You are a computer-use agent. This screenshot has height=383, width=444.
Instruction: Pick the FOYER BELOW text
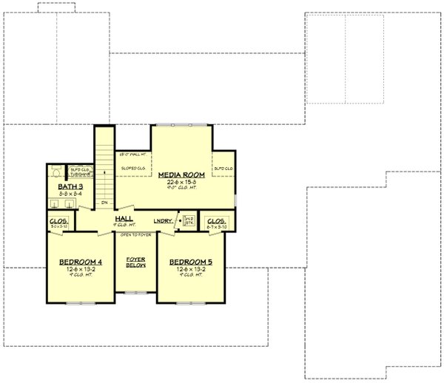click(x=135, y=262)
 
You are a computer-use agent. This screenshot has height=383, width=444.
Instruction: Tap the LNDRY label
click(x=163, y=220)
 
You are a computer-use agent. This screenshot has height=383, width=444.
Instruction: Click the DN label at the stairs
click(x=105, y=202)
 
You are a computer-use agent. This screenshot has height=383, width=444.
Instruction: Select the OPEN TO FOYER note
click(x=135, y=234)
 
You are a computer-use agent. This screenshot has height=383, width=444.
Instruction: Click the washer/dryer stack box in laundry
click(x=189, y=220)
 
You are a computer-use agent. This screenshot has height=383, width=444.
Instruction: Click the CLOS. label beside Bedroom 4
click(x=59, y=221)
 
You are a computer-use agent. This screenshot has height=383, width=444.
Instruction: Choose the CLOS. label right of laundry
click(x=216, y=220)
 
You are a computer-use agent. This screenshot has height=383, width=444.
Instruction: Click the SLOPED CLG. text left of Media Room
click(x=133, y=169)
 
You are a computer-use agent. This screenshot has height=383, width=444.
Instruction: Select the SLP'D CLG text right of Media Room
click(x=223, y=169)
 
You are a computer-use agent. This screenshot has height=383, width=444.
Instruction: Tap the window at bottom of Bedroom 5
click(x=190, y=303)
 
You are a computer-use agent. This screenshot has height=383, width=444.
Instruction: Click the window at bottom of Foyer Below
click(x=135, y=292)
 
